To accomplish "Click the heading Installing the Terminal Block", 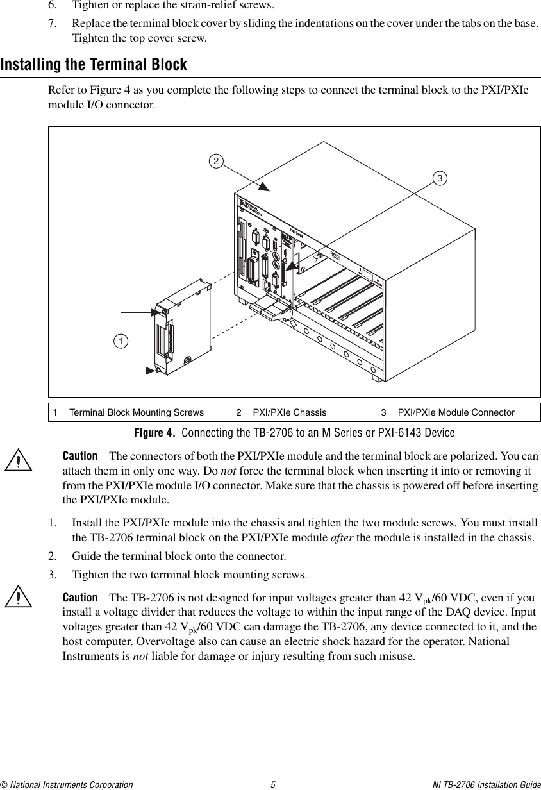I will [94, 65].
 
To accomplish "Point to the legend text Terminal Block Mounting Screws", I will [136, 412].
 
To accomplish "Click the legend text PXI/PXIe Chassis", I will [289, 412].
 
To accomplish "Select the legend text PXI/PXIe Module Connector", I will [456, 412].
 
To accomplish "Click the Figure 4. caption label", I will [154, 433].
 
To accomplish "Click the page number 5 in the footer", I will [272, 784].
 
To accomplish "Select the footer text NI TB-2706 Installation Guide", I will [486, 784].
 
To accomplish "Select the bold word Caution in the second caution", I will [79, 597].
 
